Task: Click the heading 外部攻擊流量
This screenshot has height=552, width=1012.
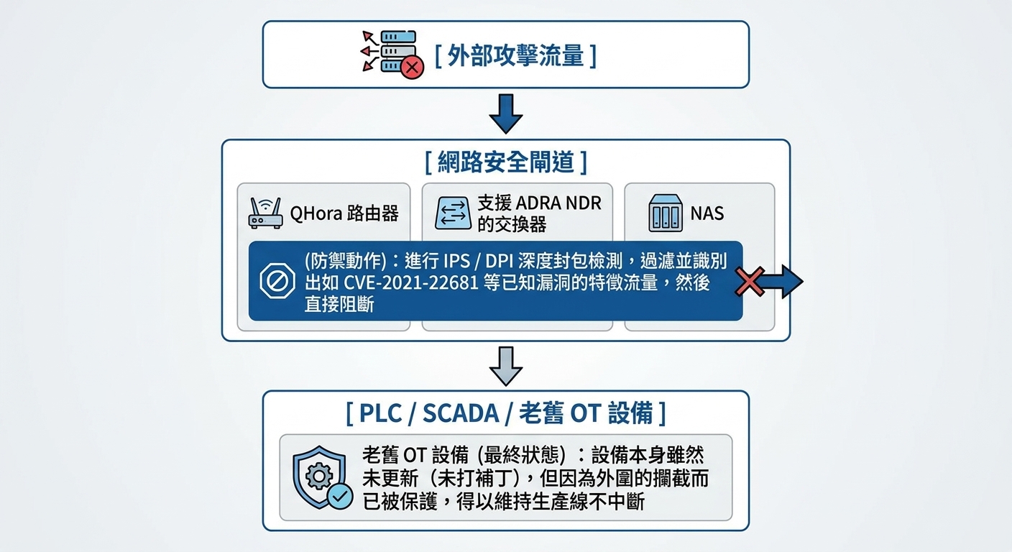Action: click(x=515, y=56)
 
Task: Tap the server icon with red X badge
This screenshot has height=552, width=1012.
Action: click(x=391, y=52)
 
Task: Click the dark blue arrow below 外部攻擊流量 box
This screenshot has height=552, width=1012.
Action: click(x=505, y=113)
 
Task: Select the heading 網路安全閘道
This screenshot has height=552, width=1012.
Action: click(x=505, y=162)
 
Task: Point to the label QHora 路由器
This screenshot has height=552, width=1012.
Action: click(x=344, y=213)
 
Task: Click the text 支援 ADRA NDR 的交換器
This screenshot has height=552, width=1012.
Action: click(x=539, y=213)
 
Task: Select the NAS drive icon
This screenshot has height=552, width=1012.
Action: click(x=666, y=213)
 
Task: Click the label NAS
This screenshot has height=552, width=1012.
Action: click(x=707, y=213)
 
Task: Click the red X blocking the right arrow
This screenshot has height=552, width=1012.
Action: click(x=750, y=281)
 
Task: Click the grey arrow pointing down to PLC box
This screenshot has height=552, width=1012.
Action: click(x=505, y=364)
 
